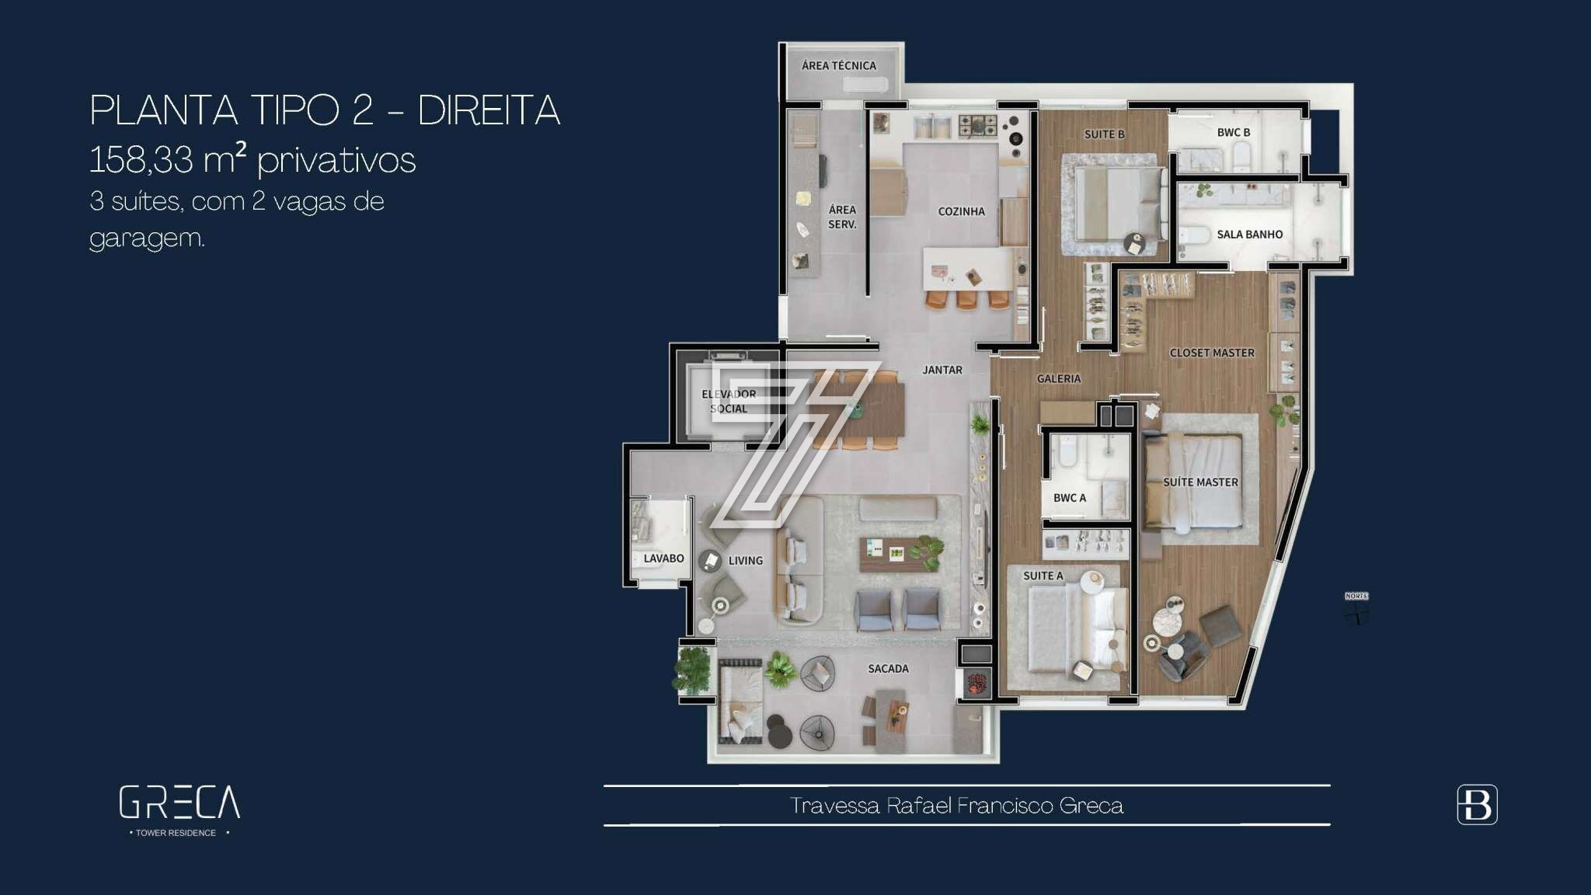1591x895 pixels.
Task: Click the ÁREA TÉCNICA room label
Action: (839, 66)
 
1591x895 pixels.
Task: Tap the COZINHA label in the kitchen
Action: (961, 211)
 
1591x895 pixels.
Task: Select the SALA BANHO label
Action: (1249, 235)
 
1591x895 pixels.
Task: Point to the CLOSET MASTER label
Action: (1212, 353)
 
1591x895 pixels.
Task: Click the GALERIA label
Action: (1059, 378)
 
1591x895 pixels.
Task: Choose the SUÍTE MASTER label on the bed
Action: (1200, 482)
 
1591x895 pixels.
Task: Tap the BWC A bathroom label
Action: (1070, 498)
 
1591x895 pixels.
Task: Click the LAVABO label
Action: (663, 559)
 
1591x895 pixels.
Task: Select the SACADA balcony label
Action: (888, 669)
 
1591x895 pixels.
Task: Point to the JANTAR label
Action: (942, 371)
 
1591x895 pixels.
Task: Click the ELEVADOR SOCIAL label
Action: (729, 402)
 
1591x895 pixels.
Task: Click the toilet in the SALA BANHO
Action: (1194, 235)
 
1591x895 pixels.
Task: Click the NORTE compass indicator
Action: (1356, 609)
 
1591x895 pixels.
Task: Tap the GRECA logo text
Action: (179, 803)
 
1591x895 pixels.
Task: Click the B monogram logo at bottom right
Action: (1477, 805)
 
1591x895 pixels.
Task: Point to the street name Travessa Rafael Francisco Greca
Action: (956, 806)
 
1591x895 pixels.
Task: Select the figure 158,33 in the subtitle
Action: (141, 160)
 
